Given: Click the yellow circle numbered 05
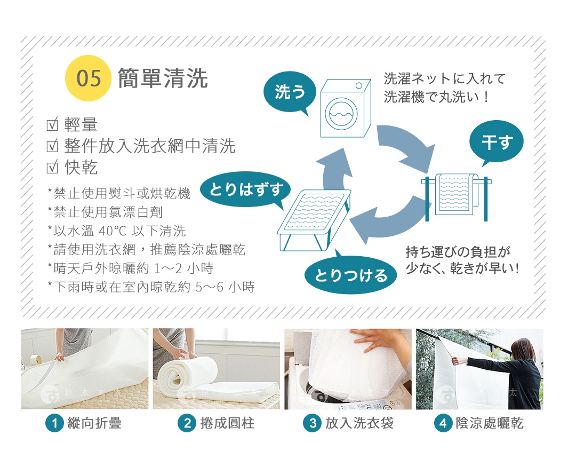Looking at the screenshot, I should tap(87, 78).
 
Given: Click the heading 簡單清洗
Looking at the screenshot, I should tap(163, 78).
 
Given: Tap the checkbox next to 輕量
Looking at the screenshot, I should tap(52, 125).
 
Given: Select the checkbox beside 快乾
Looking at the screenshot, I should tap(52, 168).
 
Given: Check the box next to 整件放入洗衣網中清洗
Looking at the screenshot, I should tap(52, 146).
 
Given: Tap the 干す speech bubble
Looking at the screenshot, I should tap(496, 142).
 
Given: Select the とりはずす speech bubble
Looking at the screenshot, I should tap(245, 189).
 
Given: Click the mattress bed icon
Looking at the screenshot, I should tap(314, 218).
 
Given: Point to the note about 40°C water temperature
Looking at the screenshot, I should tap(116, 231).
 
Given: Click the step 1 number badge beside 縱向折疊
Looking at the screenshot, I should tap(54, 424).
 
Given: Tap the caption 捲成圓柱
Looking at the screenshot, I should tap(227, 424).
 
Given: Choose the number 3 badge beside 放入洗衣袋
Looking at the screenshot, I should tap(312, 424).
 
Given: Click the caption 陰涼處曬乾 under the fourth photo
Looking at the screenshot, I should tap(490, 424).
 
